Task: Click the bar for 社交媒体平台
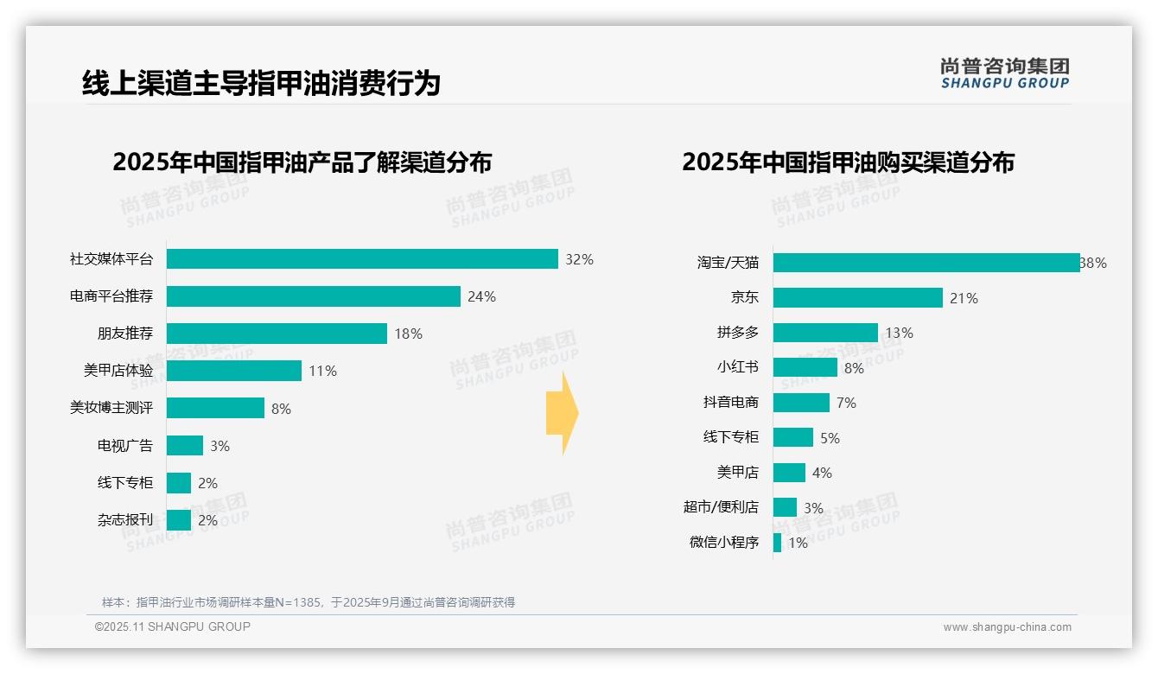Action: click(x=362, y=259)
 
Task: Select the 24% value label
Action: click(x=481, y=297)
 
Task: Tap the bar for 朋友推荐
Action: click(x=277, y=334)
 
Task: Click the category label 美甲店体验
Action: click(x=118, y=371)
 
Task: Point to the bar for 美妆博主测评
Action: click(x=215, y=408)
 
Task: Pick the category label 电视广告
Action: click(x=124, y=446)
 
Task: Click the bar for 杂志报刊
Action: click(x=179, y=520)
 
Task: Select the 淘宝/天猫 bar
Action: click(x=926, y=263)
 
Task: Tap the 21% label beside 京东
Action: click(x=964, y=299)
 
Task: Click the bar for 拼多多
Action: click(x=825, y=333)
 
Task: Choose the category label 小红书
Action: click(x=737, y=367)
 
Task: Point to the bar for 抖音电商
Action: click(x=801, y=403)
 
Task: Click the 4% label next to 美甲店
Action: click(x=822, y=474)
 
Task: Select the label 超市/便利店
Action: click(x=721, y=507)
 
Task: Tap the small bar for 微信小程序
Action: click(x=777, y=543)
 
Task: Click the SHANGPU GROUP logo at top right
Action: click(x=1004, y=73)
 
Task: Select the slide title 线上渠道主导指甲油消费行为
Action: click(x=261, y=84)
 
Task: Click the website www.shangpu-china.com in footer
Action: click(x=1007, y=627)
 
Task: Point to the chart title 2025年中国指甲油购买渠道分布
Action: click(x=848, y=162)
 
